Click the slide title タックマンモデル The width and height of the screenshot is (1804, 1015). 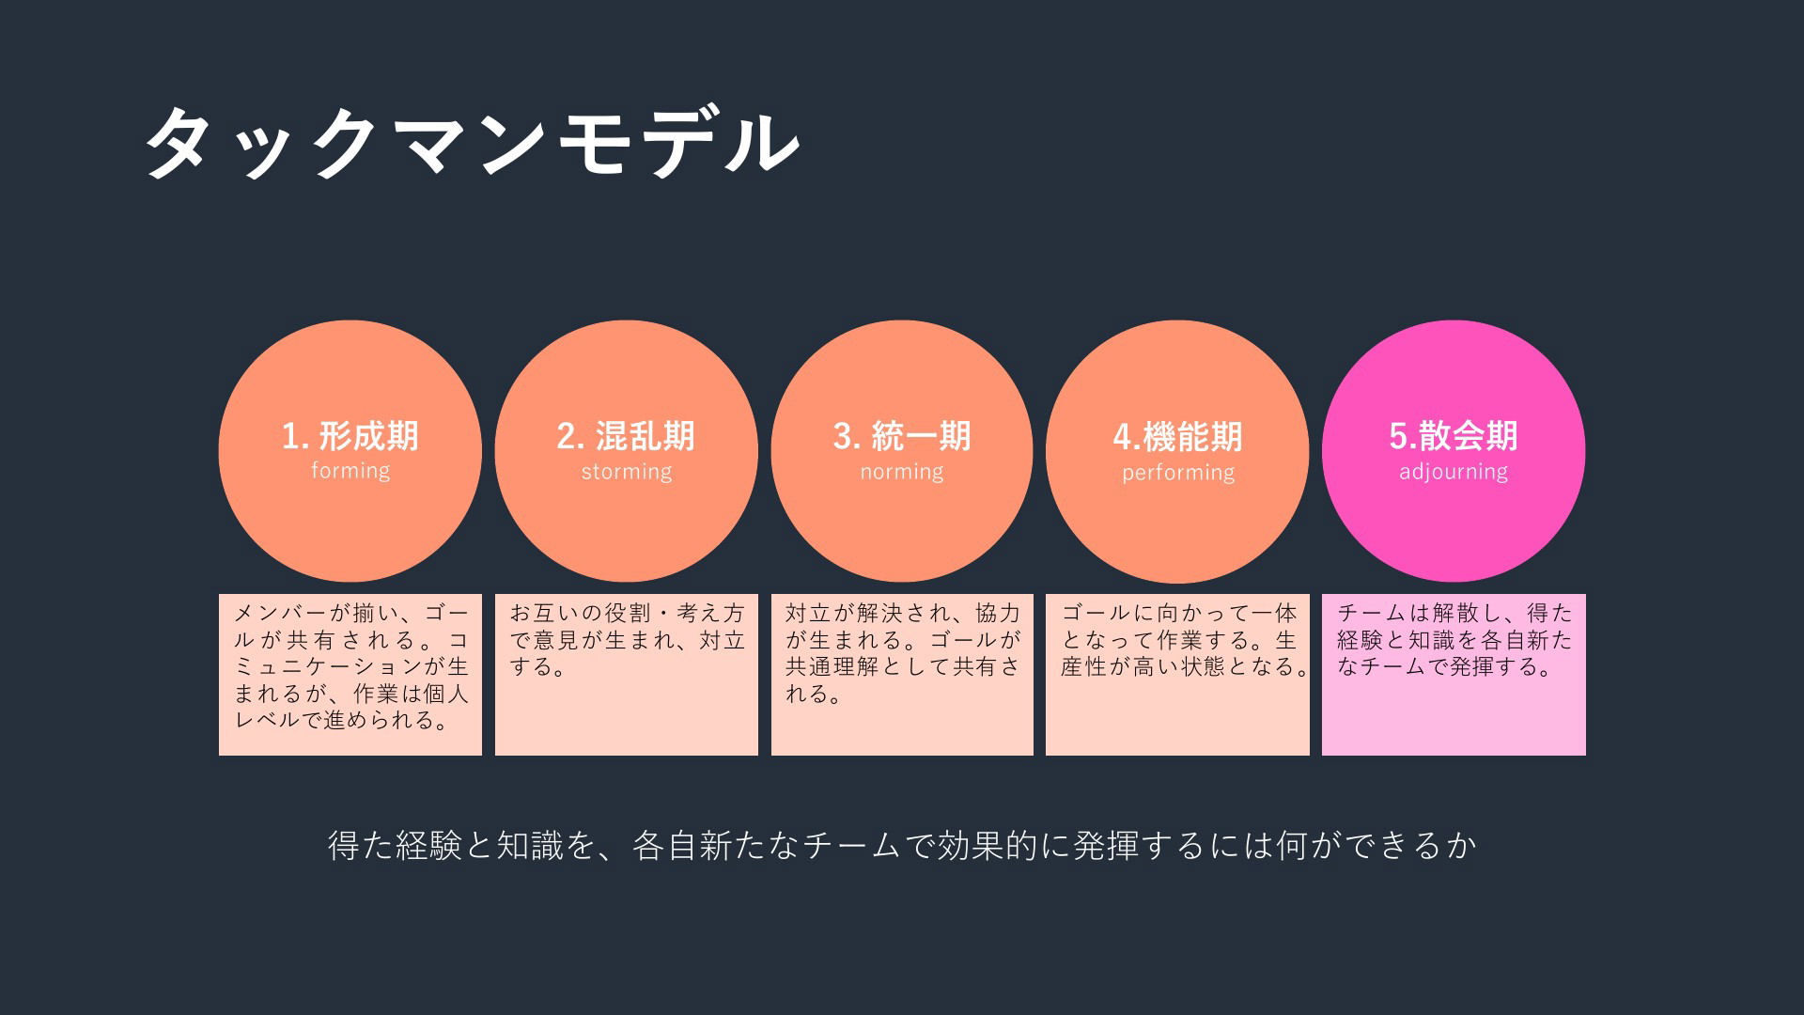click(473, 143)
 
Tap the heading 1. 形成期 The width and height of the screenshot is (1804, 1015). click(350, 436)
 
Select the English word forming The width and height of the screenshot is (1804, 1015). click(350, 471)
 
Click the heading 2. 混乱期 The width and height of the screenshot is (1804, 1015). click(626, 436)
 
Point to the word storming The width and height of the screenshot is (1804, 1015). click(627, 472)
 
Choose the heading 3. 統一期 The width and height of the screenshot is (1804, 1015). click(902, 436)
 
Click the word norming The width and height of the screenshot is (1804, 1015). click(902, 472)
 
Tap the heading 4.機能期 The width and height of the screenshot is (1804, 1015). click(1177, 437)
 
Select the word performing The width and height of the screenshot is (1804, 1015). click(1178, 473)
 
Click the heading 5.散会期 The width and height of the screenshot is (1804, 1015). click(1454, 436)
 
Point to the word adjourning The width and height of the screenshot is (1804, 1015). click(1454, 472)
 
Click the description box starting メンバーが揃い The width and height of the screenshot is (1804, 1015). click(350, 674)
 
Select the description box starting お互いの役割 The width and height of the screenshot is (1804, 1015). click(627, 674)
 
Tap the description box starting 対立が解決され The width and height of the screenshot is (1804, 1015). click(902, 674)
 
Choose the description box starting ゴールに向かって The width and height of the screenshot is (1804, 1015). click(1177, 674)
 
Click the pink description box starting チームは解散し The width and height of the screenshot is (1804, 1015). click(1454, 674)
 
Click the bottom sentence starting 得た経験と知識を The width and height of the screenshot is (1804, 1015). click(902, 846)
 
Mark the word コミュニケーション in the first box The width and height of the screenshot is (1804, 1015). click(319, 667)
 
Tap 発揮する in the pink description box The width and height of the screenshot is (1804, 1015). click(1494, 667)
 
